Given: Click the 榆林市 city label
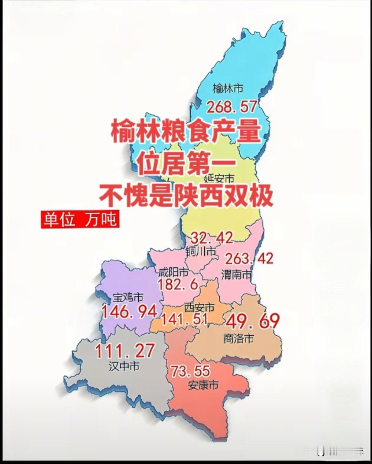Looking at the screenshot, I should tap(228, 89).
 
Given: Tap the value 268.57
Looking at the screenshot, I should tap(232, 107).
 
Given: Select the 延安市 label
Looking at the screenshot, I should tap(219, 178).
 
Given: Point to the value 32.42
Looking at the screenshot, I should tap(212, 238).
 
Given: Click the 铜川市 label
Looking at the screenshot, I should tap(201, 252).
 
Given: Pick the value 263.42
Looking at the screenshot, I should tap(249, 259).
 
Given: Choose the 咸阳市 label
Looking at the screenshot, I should tap(173, 271).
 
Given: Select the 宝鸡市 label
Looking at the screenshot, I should tap(128, 297).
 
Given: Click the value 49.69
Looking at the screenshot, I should tap(253, 321).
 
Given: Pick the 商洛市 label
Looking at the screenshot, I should tap(239, 339).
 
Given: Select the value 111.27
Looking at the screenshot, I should tap(125, 351).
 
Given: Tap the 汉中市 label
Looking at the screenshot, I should tap(124, 366).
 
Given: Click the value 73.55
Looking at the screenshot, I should tap(190, 371).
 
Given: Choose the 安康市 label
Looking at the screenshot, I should tap(203, 385).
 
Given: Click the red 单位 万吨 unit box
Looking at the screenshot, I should tap(80, 219).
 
